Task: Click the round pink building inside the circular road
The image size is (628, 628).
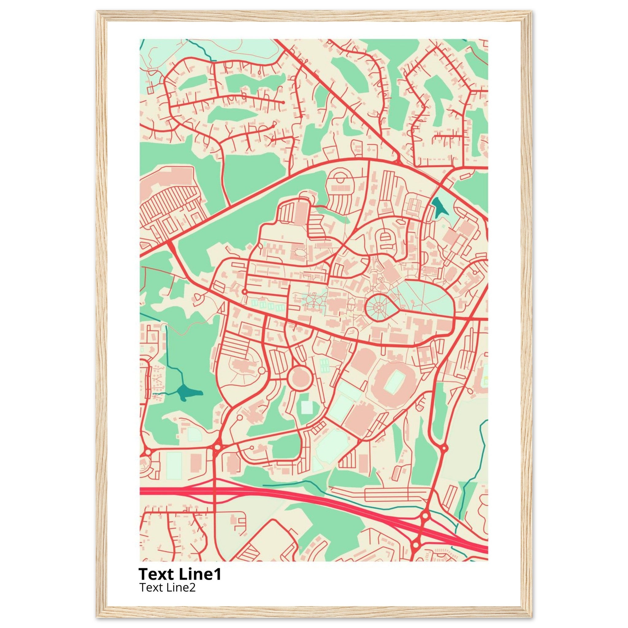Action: (300, 378)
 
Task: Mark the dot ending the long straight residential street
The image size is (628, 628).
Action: (283, 102)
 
